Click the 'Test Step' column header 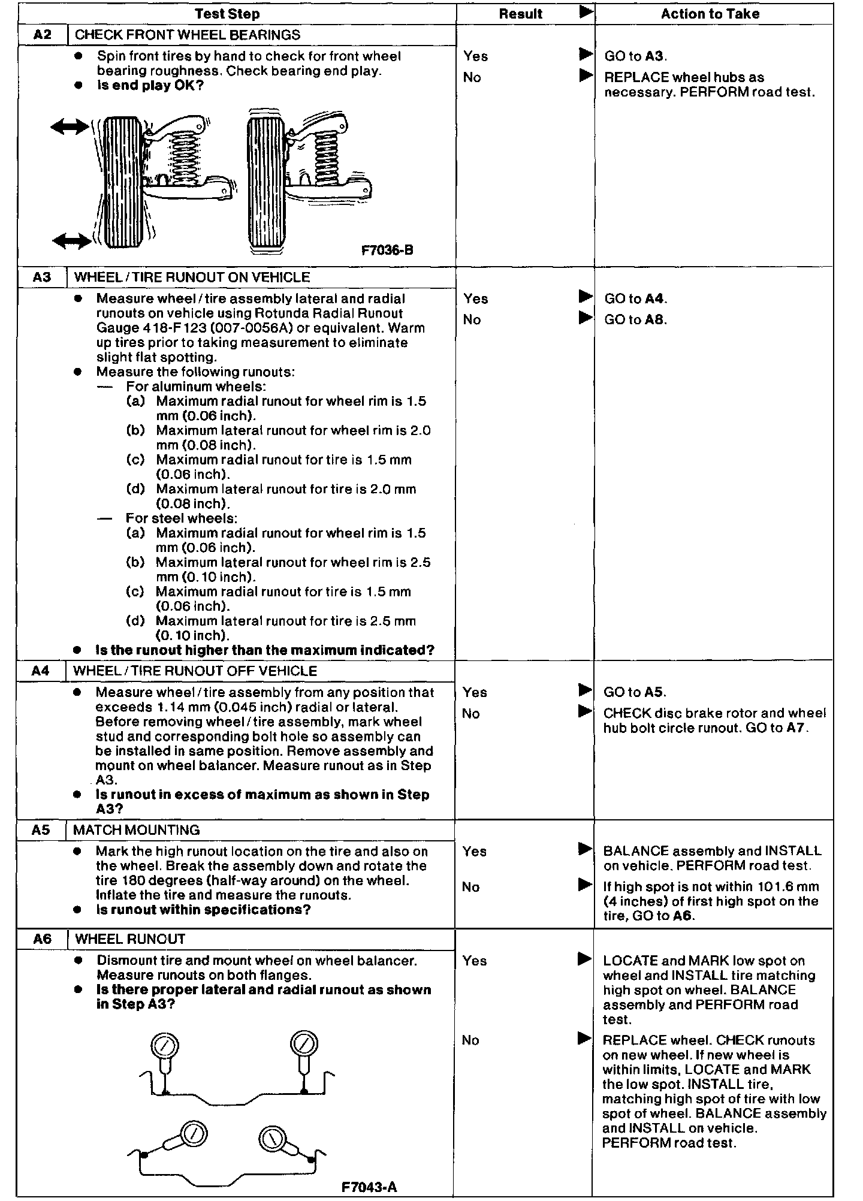tap(227, 14)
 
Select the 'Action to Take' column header tap(710, 14)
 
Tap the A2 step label tap(43, 35)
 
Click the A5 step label tap(41, 830)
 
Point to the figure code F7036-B tap(387, 251)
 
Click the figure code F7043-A tap(369, 1187)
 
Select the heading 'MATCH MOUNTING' tap(136, 830)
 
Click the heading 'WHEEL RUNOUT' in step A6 tap(130, 939)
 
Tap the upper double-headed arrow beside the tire tap(70, 126)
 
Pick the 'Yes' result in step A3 tap(475, 298)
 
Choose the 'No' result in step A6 tap(470, 1040)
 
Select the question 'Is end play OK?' tap(150, 85)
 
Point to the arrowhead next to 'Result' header tap(586, 12)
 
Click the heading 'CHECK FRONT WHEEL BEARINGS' tap(188, 35)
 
